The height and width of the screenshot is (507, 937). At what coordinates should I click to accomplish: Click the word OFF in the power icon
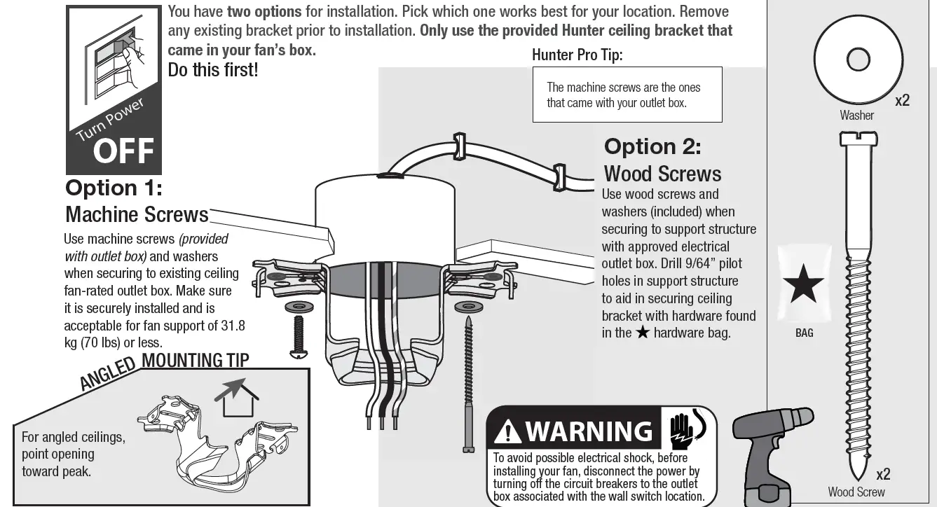click(x=123, y=151)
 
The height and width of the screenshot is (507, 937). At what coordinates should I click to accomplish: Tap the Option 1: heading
click(x=114, y=188)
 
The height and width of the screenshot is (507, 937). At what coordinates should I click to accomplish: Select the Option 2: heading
click(x=652, y=146)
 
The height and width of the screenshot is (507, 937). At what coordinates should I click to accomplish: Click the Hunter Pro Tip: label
click(x=577, y=55)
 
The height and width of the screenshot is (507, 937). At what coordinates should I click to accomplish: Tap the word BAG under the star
click(x=804, y=333)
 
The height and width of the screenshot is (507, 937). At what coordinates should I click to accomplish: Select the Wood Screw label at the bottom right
click(x=856, y=492)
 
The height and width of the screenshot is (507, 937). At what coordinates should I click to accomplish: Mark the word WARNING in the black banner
click(x=588, y=431)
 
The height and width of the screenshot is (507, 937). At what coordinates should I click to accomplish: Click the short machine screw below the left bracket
click(x=297, y=334)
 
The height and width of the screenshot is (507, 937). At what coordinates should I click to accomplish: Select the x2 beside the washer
click(x=902, y=101)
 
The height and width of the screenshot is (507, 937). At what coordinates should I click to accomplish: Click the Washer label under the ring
click(x=856, y=116)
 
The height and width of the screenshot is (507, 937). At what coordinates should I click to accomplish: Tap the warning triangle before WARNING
click(x=507, y=432)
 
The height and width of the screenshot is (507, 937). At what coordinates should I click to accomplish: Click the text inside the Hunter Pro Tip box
click(x=623, y=95)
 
